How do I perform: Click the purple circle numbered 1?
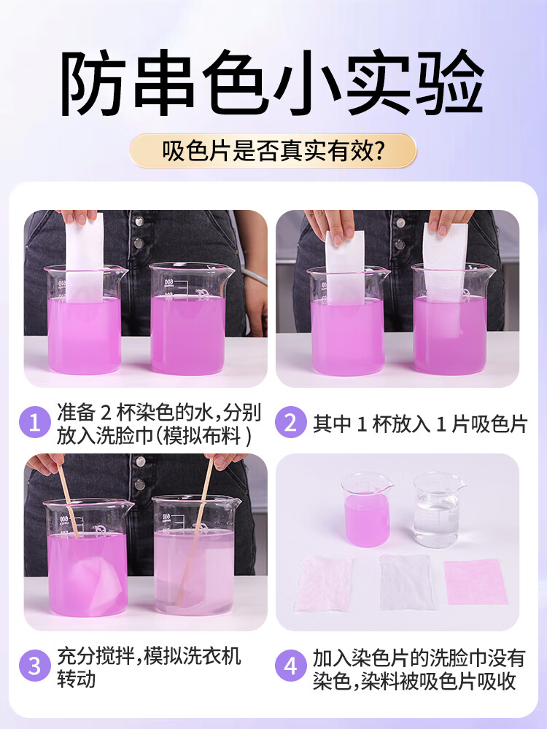click(x=34, y=423)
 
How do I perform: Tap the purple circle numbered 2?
click(x=290, y=423)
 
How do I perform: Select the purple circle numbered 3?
click(x=34, y=666)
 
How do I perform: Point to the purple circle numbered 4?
click(x=290, y=666)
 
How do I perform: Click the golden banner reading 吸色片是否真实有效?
click(x=273, y=151)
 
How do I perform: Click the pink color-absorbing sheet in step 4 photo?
click(x=475, y=581)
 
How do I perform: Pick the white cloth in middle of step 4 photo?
click(x=406, y=582)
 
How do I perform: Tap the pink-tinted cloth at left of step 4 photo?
click(x=324, y=583)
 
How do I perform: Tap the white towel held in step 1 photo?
click(x=84, y=255)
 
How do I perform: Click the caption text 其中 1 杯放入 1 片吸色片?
click(x=419, y=424)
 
